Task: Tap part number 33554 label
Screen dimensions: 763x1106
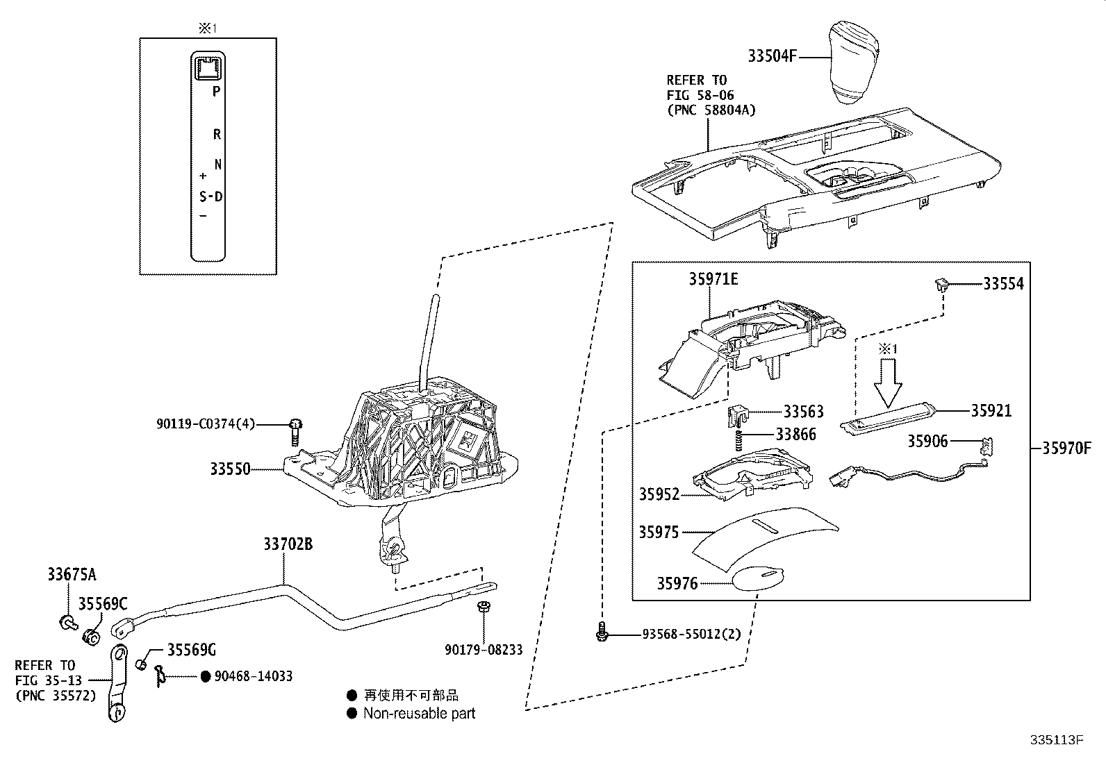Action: point(1002,284)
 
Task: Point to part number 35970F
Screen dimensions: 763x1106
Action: point(1066,448)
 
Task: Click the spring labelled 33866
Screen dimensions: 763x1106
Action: point(741,438)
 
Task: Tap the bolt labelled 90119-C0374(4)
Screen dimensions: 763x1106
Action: point(295,432)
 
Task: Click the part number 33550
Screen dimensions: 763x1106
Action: point(230,469)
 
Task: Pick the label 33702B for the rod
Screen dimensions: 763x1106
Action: point(287,544)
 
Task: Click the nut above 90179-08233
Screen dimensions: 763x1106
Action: point(483,607)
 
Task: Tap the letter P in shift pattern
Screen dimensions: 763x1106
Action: point(216,91)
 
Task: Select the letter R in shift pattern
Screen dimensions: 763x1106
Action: point(217,135)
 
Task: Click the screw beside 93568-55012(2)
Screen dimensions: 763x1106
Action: point(602,632)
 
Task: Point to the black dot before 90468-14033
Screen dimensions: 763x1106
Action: point(205,676)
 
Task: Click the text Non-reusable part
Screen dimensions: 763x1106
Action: point(419,713)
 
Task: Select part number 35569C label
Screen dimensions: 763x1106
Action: point(103,604)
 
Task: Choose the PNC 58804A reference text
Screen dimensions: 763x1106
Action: point(711,110)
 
